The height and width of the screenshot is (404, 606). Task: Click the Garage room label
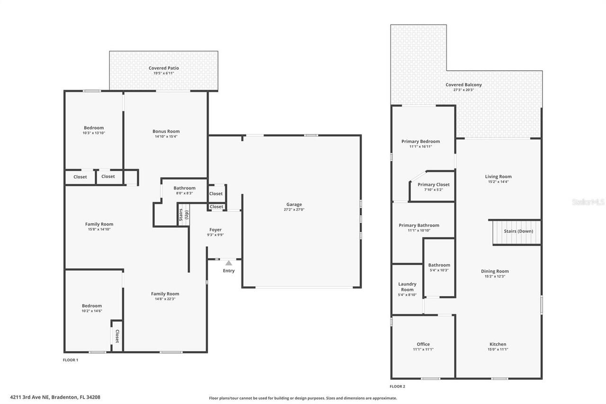[294, 205]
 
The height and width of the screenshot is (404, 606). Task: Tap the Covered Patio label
[164, 68]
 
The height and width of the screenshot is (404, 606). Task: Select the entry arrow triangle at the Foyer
[229, 263]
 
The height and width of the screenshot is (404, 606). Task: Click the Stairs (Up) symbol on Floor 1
[183, 215]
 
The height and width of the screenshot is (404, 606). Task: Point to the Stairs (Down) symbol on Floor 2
[517, 232]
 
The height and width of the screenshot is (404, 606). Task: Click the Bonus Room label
[166, 131]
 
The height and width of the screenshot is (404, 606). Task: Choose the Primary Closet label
[433, 185]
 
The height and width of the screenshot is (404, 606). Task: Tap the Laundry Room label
[407, 287]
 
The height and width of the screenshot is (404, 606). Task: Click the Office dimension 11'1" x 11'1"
[423, 350]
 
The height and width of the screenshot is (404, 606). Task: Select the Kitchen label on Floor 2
[498, 344]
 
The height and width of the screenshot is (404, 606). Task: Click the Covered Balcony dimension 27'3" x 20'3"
[463, 90]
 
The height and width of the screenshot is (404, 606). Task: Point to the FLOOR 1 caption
[71, 360]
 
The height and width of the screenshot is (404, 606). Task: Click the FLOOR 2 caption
[398, 386]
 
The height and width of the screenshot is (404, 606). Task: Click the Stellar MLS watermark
[588, 202]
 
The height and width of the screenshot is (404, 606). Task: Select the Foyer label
[215, 230]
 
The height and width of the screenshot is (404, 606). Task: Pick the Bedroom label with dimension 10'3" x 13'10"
[94, 128]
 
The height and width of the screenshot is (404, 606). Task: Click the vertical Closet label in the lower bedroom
[117, 336]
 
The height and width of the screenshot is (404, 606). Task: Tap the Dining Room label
[495, 271]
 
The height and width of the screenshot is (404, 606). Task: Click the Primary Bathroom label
[419, 225]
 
